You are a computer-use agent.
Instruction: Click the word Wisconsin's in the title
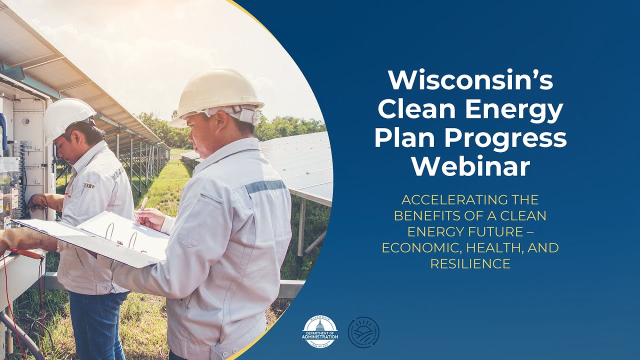470,80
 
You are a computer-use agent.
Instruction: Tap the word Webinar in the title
470,166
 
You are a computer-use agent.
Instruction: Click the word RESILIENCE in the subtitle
470,264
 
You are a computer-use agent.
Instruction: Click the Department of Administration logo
320,332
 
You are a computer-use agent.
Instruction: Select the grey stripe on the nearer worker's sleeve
264,186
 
